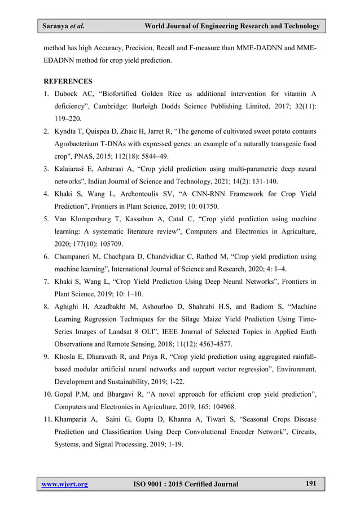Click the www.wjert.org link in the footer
tap(65, 484)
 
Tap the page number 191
tap(310, 483)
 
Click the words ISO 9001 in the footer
tap(151, 484)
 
